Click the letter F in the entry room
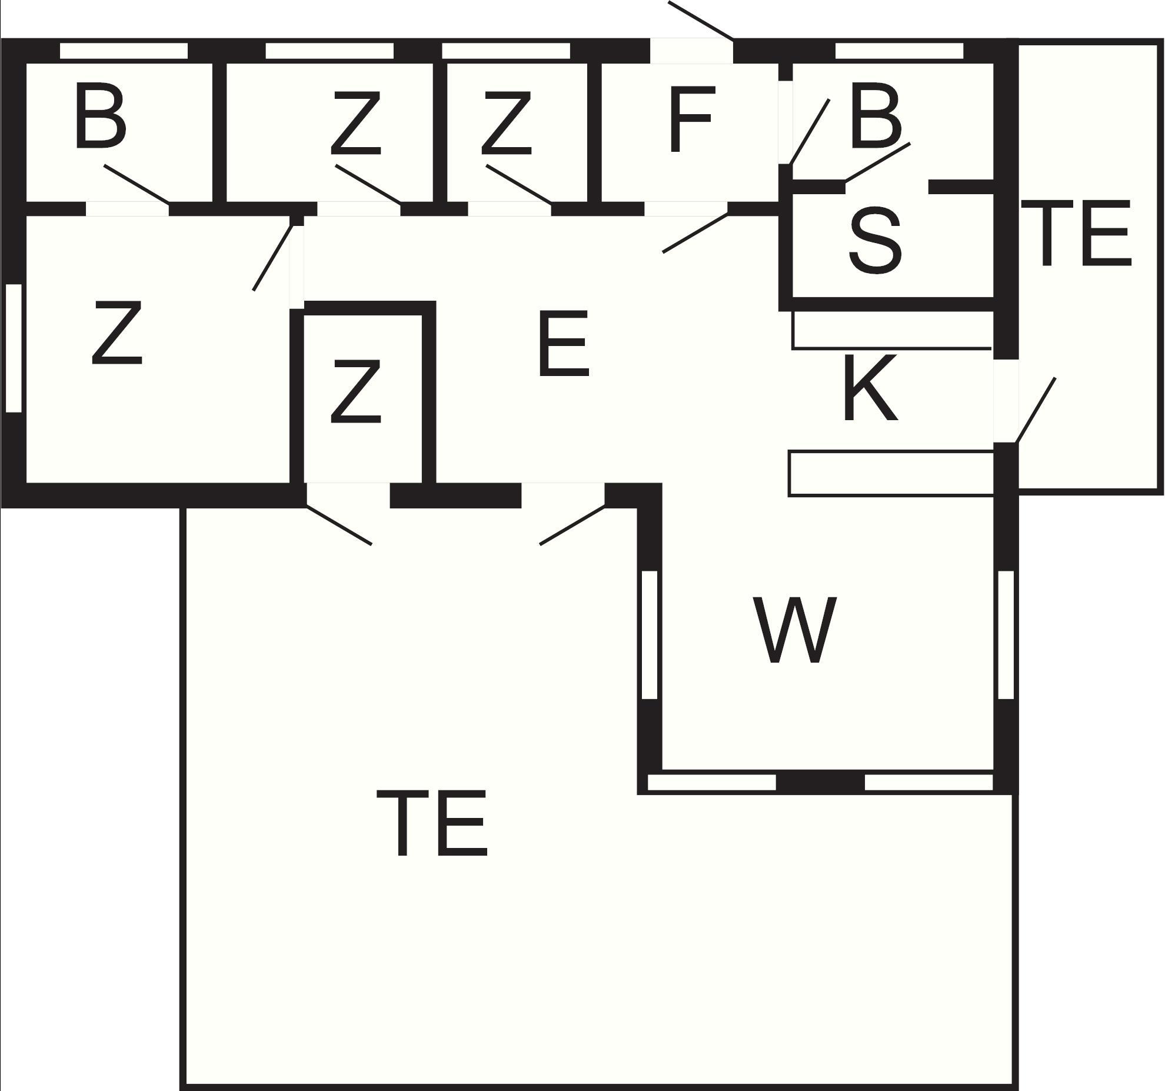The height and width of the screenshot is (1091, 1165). click(x=692, y=119)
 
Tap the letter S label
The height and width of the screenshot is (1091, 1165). click(x=875, y=240)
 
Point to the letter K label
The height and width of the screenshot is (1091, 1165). click(x=870, y=388)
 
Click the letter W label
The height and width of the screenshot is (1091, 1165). click(x=794, y=630)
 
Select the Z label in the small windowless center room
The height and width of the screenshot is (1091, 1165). click(x=355, y=393)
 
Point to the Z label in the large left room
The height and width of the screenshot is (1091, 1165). click(x=117, y=332)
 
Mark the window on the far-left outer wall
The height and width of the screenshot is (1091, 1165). click(x=14, y=348)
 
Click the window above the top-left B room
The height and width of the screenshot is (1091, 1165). click(x=124, y=51)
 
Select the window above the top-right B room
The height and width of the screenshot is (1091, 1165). click(x=899, y=51)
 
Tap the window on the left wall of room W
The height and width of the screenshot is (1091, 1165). click(x=649, y=635)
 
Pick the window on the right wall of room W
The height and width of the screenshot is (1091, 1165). click(x=1006, y=635)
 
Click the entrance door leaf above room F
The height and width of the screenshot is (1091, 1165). click(x=701, y=21)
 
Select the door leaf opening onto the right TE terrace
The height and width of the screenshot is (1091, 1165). click(x=1036, y=410)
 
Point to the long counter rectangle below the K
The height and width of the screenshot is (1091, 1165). click(x=891, y=474)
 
